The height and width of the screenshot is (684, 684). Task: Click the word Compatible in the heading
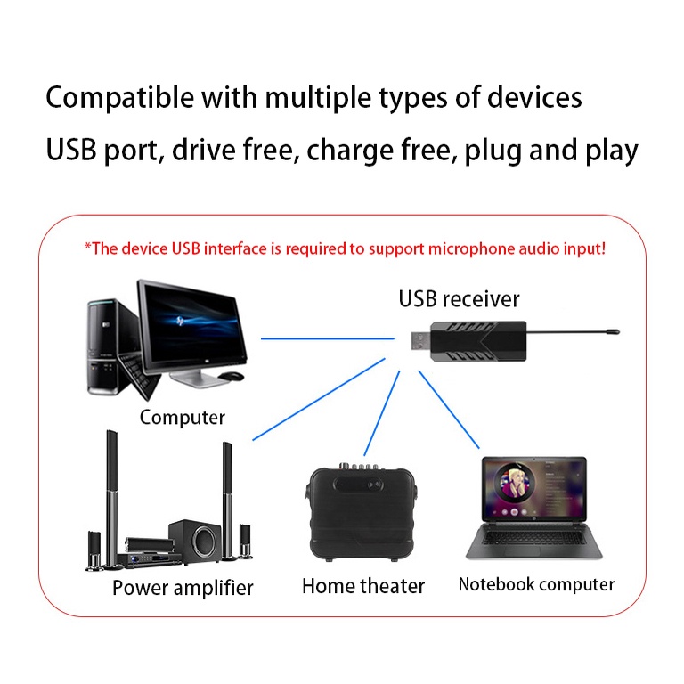tap(119, 98)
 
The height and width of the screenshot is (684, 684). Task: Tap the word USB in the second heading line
tap(70, 150)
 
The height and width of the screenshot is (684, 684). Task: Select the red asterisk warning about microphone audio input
tap(345, 248)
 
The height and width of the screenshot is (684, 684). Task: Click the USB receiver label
tap(459, 299)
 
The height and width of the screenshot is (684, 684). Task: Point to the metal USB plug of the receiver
tap(420, 340)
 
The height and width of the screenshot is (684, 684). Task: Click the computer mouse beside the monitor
tap(231, 376)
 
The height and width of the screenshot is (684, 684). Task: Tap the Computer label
tap(183, 418)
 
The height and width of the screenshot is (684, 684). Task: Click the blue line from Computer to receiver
tap(328, 338)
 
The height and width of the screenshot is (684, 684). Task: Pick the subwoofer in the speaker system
tap(195, 540)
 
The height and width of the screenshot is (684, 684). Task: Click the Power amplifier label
tap(183, 588)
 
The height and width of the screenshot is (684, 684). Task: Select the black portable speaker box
tap(362, 513)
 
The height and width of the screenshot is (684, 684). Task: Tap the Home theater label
tap(363, 586)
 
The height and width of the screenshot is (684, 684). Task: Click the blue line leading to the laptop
tap(449, 410)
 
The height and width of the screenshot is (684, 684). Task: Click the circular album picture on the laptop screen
tap(515, 483)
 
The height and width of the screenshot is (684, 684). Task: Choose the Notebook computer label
tap(536, 584)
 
